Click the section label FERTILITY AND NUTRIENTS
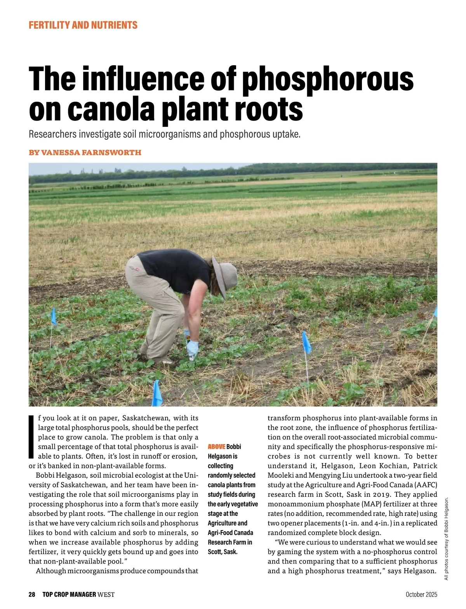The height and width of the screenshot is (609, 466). [83, 25]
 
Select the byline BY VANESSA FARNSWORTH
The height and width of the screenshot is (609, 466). [85, 153]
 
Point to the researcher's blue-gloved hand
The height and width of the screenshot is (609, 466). [192, 347]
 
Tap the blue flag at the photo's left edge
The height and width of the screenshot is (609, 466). [54, 317]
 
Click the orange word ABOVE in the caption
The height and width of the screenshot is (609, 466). [216, 447]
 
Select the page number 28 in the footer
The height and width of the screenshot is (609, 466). [32, 595]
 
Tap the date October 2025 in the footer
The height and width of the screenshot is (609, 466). [421, 595]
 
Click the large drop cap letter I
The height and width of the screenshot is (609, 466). [32, 437]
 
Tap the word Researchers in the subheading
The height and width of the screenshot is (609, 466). [52, 134]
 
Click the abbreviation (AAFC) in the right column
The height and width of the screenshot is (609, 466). [426, 485]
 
